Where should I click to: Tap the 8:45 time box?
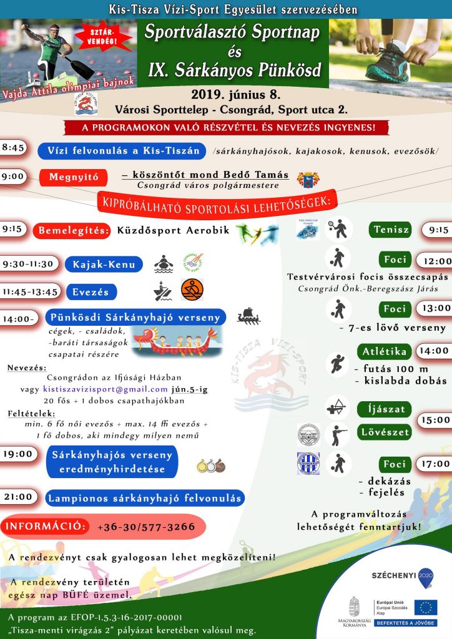tap(13, 148)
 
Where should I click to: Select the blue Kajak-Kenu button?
tap(104, 264)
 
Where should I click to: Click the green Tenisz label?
tap(391, 230)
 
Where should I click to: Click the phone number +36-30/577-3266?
tap(146, 527)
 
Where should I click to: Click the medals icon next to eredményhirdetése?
tap(210, 465)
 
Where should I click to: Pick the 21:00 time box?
tap(17, 497)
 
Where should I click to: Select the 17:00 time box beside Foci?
tap(435, 464)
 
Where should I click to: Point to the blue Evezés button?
tap(90, 291)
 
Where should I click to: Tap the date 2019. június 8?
tap(235, 95)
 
